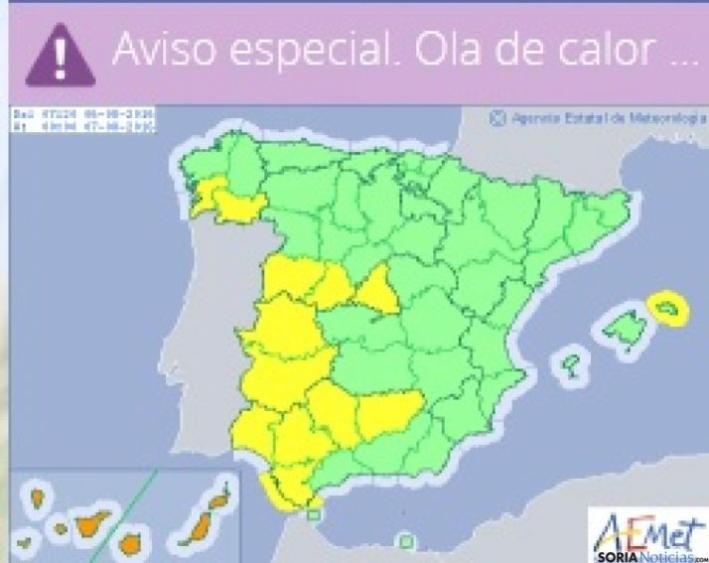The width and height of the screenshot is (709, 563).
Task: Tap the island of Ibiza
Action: (x=570, y=363)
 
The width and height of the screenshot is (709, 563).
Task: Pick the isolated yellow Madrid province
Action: (x=377, y=289)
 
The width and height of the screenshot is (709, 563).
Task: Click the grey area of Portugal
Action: (x=204, y=328)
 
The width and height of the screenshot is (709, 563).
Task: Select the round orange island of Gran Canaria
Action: (x=129, y=543)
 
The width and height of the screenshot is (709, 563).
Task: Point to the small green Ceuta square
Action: (x=314, y=513)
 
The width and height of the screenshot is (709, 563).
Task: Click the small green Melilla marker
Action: (x=405, y=541)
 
